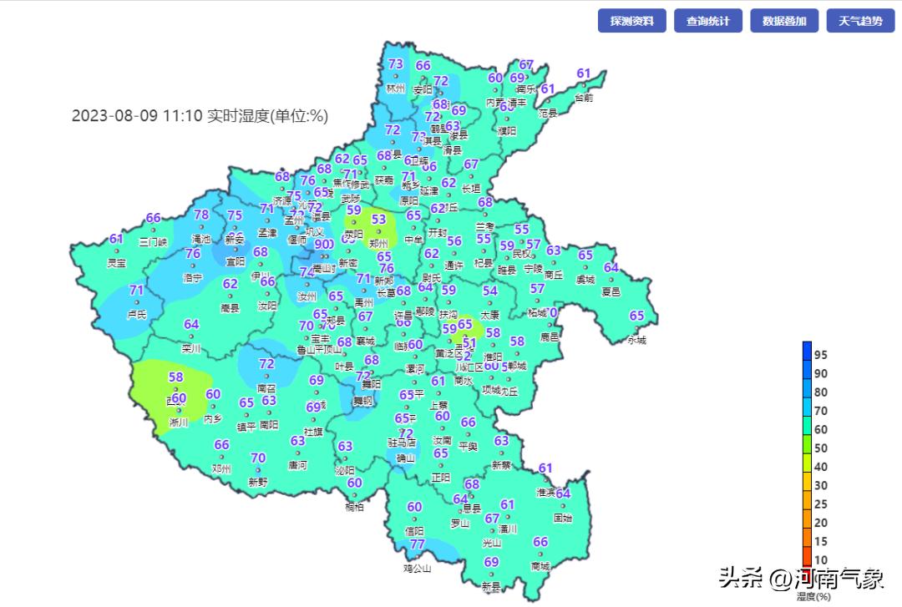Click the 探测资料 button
[x=631, y=21]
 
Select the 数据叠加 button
[x=784, y=21]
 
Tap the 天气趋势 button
[x=860, y=21]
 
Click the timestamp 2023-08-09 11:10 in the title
[x=137, y=116]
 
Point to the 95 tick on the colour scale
[x=821, y=355]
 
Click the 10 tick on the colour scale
[x=821, y=560]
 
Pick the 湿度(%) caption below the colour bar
[x=813, y=596]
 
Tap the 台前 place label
[x=584, y=98]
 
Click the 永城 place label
[x=637, y=340]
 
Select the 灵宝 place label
[x=117, y=263]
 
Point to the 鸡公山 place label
[x=418, y=569]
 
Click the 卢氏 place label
[x=136, y=315]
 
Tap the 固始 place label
[x=563, y=518]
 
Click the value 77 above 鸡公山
[x=418, y=544]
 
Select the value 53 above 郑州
[x=378, y=219]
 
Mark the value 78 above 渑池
[x=201, y=215]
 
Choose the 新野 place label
[x=258, y=482]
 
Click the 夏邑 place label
[x=611, y=292]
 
